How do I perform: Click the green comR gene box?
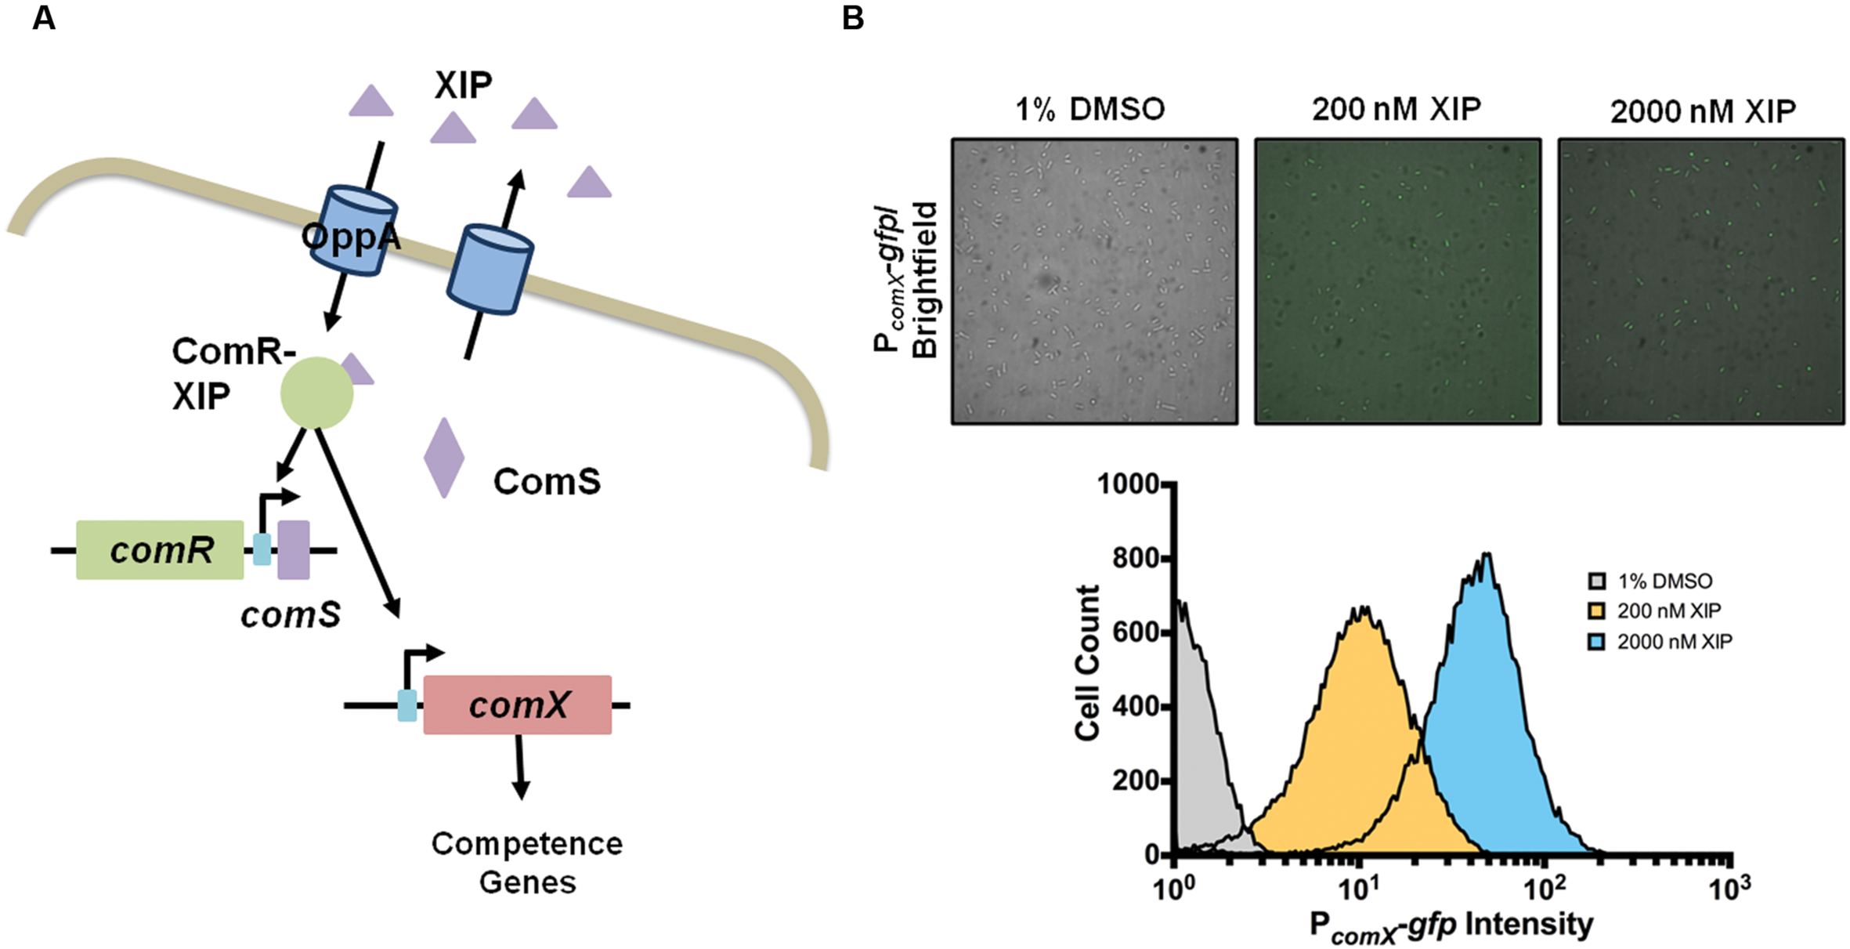(160, 549)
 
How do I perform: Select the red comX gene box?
(517, 705)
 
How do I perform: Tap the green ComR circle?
(316, 393)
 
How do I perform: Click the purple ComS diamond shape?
(444, 458)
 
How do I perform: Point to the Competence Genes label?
(527, 862)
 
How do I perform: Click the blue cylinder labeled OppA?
(357, 231)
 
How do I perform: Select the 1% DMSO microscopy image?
(1094, 282)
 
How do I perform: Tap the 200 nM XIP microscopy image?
(1397, 282)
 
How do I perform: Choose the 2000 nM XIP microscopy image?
(1700, 282)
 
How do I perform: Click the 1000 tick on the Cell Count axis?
(1128, 484)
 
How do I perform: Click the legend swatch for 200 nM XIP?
(1596, 611)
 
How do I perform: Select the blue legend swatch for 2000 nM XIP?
(1596, 642)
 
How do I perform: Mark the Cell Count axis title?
(1087, 662)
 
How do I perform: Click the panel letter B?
(853, 17)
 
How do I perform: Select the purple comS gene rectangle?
(294, 549)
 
